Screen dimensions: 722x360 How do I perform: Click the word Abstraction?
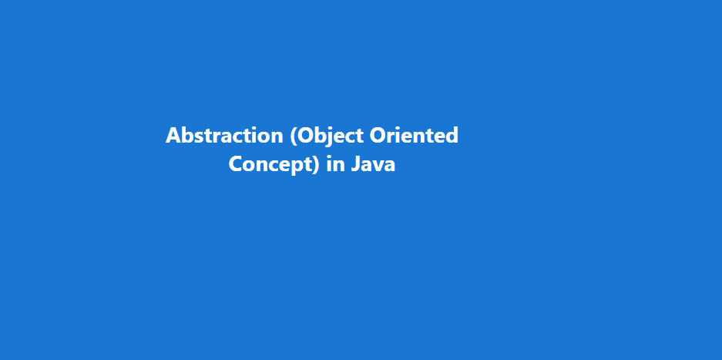pos(224,136)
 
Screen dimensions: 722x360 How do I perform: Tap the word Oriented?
pos(415,136)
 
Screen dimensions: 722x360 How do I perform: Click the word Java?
pos(373,164)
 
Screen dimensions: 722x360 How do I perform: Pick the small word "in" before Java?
pos(336,164)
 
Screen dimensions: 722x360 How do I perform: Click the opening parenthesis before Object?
pos(294,137)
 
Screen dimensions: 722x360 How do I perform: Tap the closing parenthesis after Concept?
pos(316,166)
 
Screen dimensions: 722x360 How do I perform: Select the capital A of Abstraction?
pos(173,136)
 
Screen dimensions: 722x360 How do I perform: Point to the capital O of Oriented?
pos(379,136)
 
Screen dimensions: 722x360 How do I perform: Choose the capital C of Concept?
pos(236,164)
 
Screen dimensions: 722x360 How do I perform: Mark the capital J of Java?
pos(355,164)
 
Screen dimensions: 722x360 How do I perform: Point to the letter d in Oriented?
pos(452,136)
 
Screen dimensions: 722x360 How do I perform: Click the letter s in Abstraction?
pos(200,138)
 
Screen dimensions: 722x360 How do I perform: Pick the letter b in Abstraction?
pos(188,136)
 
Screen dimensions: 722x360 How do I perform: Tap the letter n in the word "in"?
pos(340,167)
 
